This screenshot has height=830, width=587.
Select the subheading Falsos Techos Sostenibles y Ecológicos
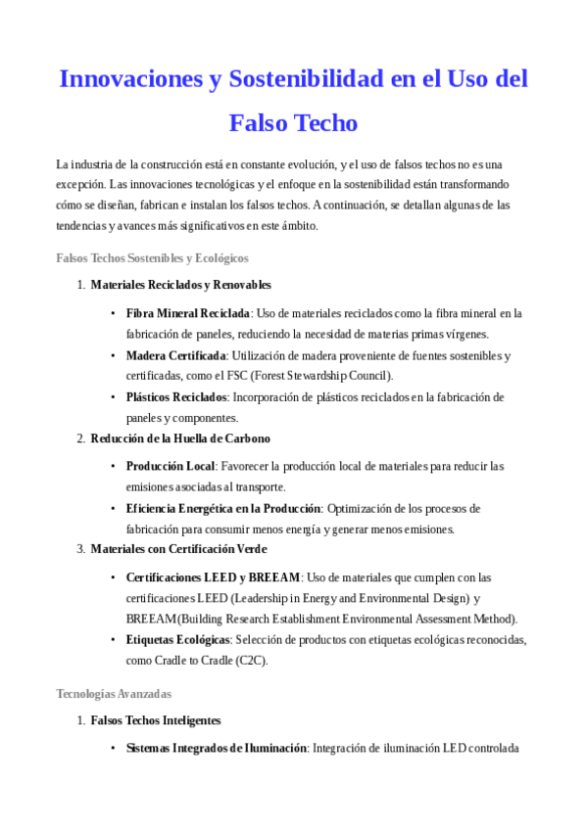tap(152, 258)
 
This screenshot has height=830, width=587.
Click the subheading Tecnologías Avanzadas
tap(114, 694)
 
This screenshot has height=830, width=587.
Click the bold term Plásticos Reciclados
tap(176, 397)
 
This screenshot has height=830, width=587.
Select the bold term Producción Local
tap(171, 466)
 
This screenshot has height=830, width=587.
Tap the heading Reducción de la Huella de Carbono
tap(180, 438)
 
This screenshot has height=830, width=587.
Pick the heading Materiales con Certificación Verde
tap(178, 549)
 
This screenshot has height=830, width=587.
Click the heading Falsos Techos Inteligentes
tap(155, 720)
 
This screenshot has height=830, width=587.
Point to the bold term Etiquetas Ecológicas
tap(178, 639)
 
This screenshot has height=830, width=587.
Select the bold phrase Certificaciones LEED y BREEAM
tap(213, 576)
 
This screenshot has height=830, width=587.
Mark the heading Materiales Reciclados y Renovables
tap(180, 285)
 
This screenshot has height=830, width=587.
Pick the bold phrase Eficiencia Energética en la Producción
tap(223, 508)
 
